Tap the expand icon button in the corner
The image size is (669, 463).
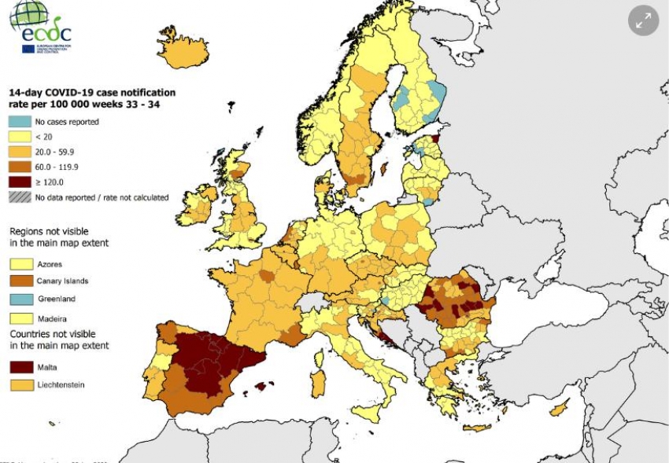tap(643, 22)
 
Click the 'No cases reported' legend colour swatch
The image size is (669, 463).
tap(19, 122)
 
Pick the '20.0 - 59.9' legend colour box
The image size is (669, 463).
tap(19, 152)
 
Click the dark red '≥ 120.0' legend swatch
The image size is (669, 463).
tap(19, 182)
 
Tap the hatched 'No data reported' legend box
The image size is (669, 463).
tap(19, 197)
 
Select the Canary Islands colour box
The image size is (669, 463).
tap(19, 281)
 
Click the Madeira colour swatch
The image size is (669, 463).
tap(19, 318)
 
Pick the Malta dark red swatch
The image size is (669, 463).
tap(19, 366)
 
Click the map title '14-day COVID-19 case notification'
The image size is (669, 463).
tap(91, 93)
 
